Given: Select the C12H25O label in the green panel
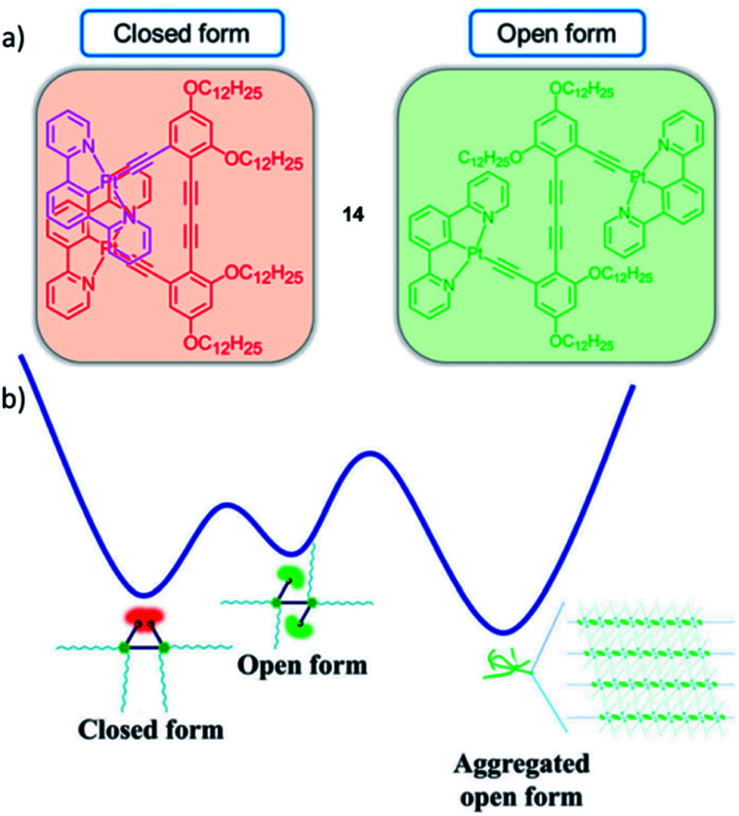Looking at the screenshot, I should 468,160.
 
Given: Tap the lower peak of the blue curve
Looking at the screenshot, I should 226,506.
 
